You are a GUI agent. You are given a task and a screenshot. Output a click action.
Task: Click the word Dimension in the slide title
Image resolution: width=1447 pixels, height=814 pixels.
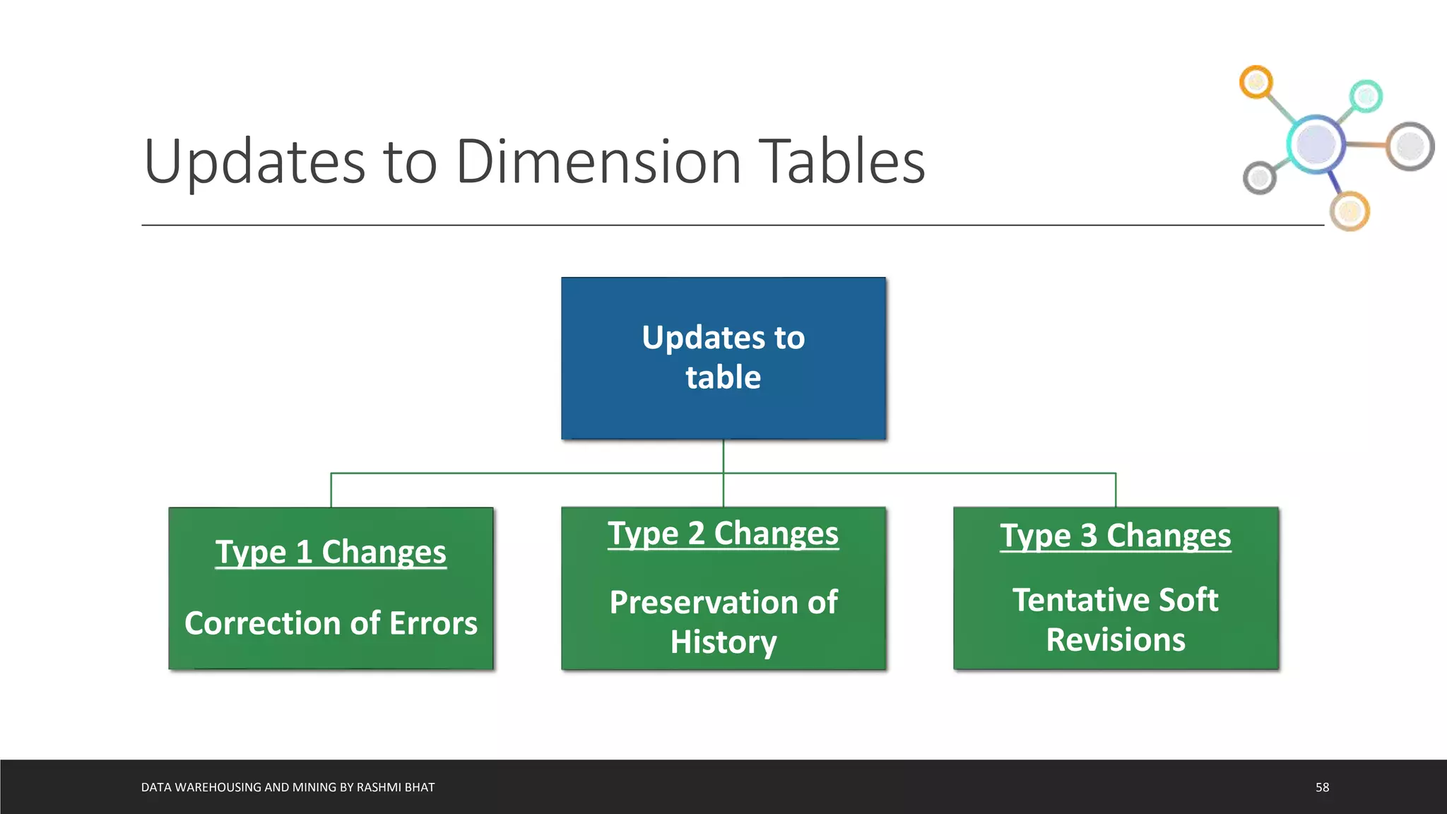(598, 162)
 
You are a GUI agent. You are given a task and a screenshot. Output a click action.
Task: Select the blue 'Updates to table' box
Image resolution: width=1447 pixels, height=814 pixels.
(723, 358)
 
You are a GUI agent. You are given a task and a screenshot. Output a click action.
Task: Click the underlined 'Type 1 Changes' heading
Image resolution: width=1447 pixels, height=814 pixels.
(331, 552)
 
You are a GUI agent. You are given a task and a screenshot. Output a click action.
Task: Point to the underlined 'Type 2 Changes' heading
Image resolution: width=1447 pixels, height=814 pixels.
(723, 533)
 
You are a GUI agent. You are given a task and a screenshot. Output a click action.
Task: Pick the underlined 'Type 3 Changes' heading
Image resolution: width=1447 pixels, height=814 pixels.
(1115, 536)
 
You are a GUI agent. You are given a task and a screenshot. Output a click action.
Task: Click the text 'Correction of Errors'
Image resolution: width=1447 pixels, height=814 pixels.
(331, 623)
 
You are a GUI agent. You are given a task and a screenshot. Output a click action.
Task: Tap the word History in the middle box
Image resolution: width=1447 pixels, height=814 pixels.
(723, 642)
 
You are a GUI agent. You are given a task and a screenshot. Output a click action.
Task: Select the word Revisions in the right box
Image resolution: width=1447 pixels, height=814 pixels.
(1115, 639)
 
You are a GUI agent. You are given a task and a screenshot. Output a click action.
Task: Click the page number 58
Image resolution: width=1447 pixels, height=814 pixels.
(1322, 787)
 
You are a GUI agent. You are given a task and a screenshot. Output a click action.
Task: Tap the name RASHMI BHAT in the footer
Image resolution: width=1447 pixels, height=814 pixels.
(396, 787)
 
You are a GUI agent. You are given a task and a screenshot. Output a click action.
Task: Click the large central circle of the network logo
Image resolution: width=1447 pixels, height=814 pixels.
(1316, 143)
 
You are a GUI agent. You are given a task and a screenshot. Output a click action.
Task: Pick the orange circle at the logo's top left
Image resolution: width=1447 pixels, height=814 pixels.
(1256, 83)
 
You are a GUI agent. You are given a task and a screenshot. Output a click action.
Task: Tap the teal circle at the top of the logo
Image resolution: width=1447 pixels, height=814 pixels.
(1366, 96)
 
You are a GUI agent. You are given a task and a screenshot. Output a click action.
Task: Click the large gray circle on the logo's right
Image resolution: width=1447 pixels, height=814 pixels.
(1410, 146)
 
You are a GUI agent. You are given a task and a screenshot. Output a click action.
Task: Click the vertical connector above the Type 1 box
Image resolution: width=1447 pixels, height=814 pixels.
(331, 490)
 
